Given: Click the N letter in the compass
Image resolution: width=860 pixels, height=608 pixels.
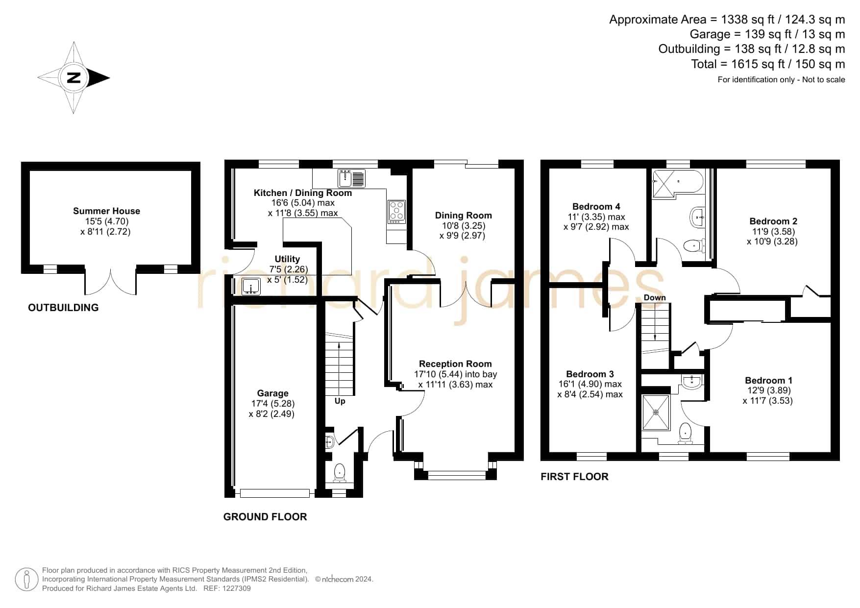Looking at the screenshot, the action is tap(74, 78).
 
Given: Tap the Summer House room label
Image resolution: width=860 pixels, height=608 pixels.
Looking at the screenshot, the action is tap(106, 211).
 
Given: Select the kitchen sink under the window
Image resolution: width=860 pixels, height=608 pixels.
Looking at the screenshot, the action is tap(351, 178).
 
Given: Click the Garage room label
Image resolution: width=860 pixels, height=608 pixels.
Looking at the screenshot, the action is tap(272, 393).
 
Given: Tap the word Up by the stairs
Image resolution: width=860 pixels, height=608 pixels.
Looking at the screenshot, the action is tap(340, 401).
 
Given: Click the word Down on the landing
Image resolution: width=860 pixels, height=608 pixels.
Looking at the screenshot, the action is tap(655, 298).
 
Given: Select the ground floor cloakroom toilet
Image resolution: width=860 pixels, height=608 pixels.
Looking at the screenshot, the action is tap(340, 473).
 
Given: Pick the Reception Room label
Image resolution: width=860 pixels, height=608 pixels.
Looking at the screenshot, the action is tap(455, 364).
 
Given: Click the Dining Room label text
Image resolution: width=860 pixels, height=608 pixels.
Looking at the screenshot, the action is tap(463, 216).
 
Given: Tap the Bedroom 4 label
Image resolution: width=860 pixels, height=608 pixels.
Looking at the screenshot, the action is tap(596, 207).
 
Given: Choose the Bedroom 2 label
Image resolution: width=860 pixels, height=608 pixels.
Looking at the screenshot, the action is tap(769, 221).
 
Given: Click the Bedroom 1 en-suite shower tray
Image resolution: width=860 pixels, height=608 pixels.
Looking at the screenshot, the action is tap(656, 413).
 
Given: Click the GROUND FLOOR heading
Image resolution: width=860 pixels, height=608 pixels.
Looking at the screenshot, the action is tap(265, 517).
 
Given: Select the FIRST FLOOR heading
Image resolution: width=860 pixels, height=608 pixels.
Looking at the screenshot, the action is tap(574, 477).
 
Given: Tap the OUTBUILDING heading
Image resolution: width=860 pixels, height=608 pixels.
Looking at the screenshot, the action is tap(63, 308).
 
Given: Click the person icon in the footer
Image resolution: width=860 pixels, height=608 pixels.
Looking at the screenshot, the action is tap(26, 580).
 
